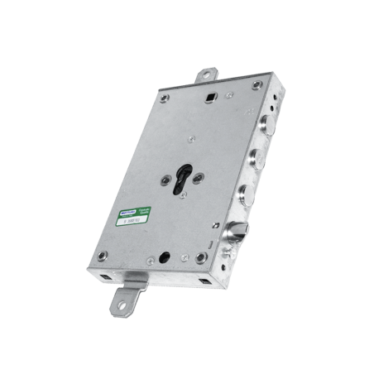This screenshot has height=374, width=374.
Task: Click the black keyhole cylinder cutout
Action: (x=183, y=177)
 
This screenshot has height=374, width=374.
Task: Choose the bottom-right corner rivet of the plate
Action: (x=201, y=258)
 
